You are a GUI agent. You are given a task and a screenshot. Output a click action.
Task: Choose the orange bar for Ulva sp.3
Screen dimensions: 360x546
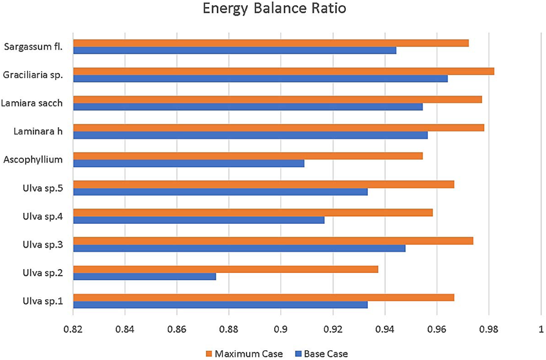click(x=273, y=241)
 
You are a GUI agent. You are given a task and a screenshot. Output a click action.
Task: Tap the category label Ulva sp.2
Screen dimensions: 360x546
click(x=41, y=272)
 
